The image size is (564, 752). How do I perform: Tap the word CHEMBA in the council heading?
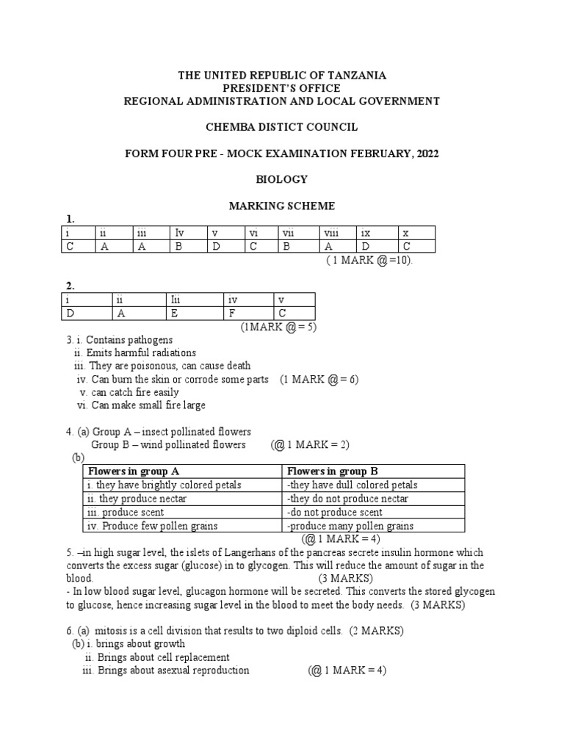click(230, 127)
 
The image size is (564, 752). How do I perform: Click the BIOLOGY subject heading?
click(281, 179)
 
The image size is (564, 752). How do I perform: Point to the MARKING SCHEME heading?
click(282, 206)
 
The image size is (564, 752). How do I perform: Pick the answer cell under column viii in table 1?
click(338, 247)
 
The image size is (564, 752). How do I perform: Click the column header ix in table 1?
click(377, 233)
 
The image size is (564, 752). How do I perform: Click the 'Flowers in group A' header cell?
click(134, 471)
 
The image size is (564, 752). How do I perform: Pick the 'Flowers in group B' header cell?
click(333, 471)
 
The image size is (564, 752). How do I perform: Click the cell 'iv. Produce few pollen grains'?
click(152, 526)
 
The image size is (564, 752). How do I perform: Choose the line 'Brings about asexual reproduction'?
click(173, 670)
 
